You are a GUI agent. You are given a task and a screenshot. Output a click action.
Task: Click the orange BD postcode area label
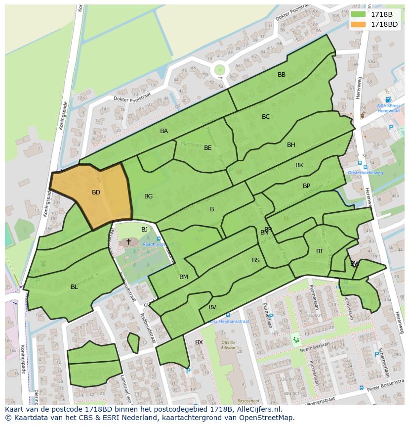point(96,192)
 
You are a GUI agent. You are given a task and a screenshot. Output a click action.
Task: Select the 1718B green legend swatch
point(359,14)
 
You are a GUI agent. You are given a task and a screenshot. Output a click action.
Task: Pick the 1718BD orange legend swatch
point(359,24)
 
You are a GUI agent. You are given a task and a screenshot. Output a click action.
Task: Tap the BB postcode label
point(282,75)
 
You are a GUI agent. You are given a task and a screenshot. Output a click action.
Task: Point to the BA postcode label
point(164,131)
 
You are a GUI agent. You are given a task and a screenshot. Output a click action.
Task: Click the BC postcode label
point(266,117)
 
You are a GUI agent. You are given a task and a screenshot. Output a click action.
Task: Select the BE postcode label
point(208,148)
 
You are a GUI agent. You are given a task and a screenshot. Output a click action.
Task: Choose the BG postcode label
point(148,196)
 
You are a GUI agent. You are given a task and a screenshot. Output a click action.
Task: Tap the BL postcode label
point(74,287)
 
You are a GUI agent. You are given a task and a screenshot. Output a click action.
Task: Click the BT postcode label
point(320,251)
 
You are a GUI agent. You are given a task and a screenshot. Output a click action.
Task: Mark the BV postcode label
point(212,307)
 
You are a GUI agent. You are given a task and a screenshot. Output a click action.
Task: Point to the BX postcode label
point(199,342)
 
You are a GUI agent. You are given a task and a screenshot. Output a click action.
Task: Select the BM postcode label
point(184,277)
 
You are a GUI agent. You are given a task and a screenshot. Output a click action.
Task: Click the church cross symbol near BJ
point(129,241)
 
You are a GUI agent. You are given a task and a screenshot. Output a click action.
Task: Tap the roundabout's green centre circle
point(220,70)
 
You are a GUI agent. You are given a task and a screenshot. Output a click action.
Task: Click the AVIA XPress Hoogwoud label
point(388,108)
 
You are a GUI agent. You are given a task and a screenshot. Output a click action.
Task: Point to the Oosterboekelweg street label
point(366,173)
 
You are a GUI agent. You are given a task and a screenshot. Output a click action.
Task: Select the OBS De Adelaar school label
point(228,345)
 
